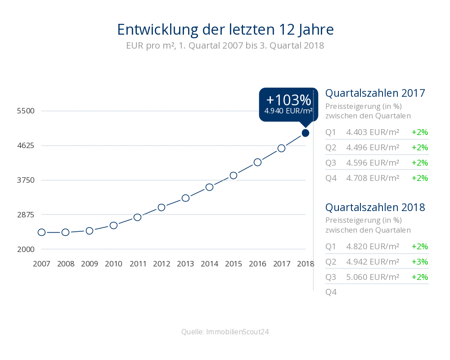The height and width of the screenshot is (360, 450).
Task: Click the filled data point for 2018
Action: click(x=306, y=133)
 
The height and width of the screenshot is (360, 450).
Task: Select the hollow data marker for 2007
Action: click(x=41, y=232)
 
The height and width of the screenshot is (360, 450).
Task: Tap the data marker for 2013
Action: click(x=186, y=198)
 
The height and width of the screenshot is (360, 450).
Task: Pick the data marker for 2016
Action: click(x=258, y=162)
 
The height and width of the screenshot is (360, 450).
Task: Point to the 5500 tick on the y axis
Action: click(x=26, y=111)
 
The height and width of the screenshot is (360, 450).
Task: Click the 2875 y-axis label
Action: click(x=26, y=215)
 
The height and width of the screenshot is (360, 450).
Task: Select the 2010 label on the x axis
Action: click(x=114, y=264)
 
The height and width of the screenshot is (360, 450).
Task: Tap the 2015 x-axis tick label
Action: click(x=234, y=264)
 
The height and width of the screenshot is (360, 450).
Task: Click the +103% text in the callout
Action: click(x=288, y=100)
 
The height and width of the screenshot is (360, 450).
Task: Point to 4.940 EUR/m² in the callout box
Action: click(x=288, y=111)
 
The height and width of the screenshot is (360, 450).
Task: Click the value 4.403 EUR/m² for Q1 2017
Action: click(x=373, y=132)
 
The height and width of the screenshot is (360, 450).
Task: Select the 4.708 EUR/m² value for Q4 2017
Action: click(x=373, y=178)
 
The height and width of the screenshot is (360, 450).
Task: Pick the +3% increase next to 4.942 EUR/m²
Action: click(x=420, y=262)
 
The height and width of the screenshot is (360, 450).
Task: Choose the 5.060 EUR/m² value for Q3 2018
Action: click(x=373, y=277)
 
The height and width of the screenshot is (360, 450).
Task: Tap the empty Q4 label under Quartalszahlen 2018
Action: click(x=331, y=292)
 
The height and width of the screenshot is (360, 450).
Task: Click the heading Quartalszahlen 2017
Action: click(x=375, y=93)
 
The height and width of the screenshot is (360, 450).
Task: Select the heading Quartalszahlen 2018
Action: click(x=375, y=207)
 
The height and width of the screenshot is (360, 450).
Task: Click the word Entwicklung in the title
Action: click(x=157, y=30)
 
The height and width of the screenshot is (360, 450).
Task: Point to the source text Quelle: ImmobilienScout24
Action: click(x=225, y=332)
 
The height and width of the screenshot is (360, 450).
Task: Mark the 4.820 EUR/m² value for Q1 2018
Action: click(x=373, y=246)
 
